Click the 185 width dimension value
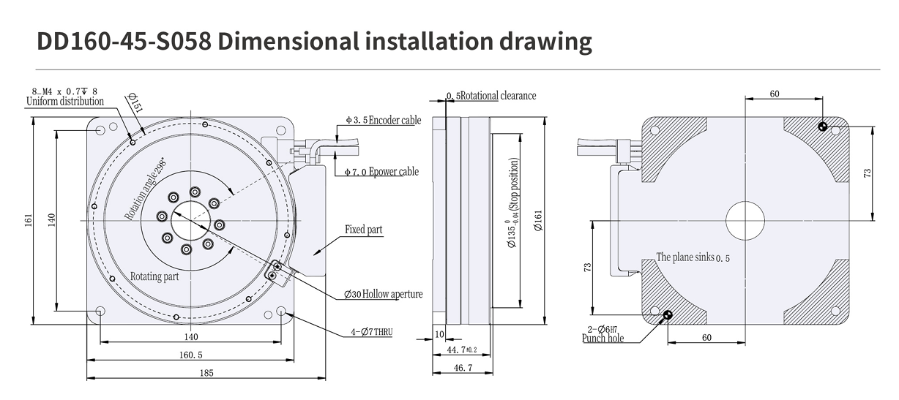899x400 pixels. click(206, 373)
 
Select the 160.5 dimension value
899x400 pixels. click(190, 355)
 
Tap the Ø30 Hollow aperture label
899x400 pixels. click(383, 294)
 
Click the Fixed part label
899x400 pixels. click(364, 230)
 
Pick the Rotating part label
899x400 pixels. click(154, 277)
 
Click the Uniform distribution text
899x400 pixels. click(65, 102)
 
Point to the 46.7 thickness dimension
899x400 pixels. click(460, 368)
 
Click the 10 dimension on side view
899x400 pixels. click(439, 333)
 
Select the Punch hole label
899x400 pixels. click(603, 339)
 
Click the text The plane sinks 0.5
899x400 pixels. click(693, 257)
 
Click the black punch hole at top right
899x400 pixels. click(824, 127)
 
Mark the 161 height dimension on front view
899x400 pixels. click(29, 219)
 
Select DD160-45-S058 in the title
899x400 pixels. click(124, 41)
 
